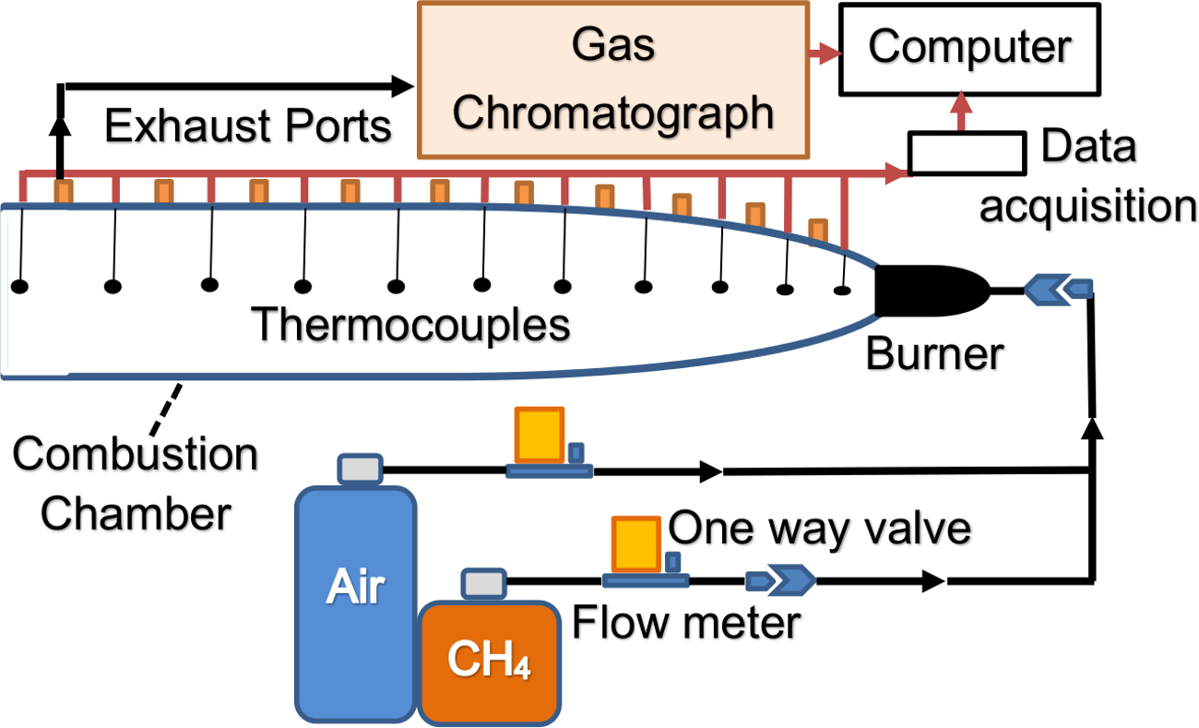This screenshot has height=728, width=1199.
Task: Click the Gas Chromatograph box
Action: coord(612,79)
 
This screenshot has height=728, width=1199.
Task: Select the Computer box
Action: coord(968,48)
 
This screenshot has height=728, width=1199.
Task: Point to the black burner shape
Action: coord(927,292)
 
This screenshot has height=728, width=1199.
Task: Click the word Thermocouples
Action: coord(411,326)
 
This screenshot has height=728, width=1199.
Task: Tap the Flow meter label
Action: coord(686,623)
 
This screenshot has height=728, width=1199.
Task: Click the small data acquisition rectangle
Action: coord(968,152)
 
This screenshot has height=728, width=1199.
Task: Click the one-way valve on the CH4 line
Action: coord(780,580)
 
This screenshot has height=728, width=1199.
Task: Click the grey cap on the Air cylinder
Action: coord(360,469)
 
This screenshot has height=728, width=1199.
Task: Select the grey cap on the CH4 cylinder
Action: coord(482,583)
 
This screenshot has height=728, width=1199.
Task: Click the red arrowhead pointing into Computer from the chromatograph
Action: coord(829,54)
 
